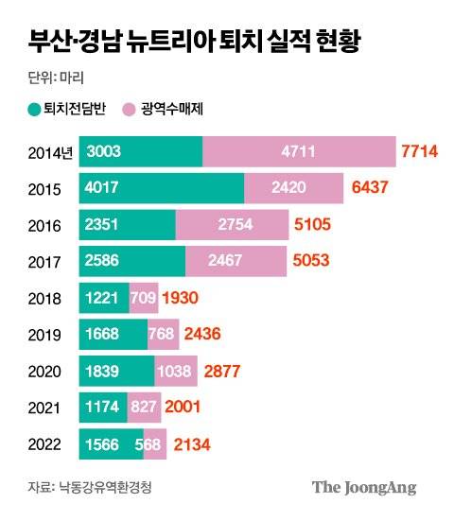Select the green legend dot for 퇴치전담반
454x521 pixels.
point(35,110)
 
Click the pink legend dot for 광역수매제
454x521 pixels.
point(131,110)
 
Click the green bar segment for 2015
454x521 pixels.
point(161,188)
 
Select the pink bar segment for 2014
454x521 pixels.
point(299,152)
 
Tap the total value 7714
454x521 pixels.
point(422,152)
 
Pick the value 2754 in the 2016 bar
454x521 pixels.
point(232,225)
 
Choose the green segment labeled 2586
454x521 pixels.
point(131,261)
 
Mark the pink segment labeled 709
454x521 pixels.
point(144,297)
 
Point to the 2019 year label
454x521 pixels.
point(44,334)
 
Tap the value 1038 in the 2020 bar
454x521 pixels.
point(175,370)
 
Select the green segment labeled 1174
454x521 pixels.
point(103,406)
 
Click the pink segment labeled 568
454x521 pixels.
point(155,443)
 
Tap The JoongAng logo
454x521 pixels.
point(364,488)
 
